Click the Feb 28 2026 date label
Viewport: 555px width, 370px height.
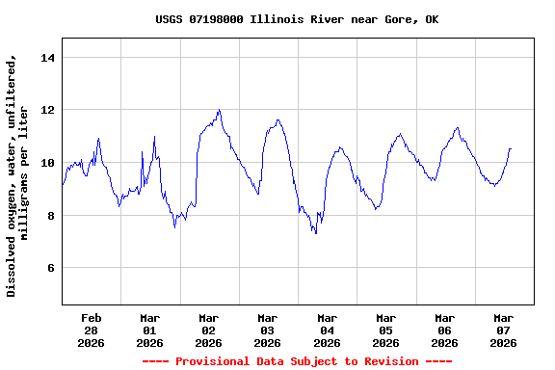tap(91, 330)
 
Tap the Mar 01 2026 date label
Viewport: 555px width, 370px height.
tap(149, 330)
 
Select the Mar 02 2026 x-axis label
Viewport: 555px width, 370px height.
tap(208, 330)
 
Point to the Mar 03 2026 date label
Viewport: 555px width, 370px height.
tap(267, 330)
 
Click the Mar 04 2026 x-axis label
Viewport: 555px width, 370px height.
tap(327, 330)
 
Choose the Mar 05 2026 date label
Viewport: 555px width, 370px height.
tap(385, 330)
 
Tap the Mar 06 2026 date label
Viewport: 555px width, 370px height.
tap(444, 330)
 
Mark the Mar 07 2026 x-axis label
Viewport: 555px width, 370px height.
tap(503, 330)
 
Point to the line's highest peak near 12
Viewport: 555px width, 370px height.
tap(220, 110)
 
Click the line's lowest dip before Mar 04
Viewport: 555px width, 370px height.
tap(316, 233)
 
